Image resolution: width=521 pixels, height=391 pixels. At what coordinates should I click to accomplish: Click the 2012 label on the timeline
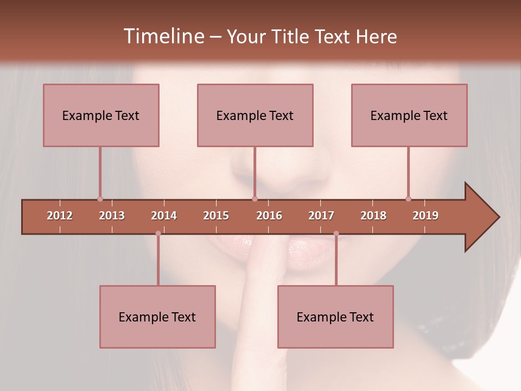coord(60,216)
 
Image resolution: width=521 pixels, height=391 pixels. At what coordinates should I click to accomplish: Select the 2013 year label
coord(112,216)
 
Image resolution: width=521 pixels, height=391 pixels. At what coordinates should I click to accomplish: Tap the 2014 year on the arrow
coord(164,216)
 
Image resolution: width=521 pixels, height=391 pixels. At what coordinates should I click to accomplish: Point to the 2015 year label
coord(216,216)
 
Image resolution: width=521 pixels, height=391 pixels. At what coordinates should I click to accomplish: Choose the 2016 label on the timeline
coord(269,216)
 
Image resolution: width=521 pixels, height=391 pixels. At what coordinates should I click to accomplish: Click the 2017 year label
coord(321,216)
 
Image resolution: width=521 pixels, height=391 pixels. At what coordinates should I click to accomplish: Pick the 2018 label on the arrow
coord(373,216)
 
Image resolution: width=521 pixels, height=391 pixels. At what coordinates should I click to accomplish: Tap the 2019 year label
coord(425,216)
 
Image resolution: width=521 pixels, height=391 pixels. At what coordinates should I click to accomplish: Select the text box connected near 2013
coord(101,115)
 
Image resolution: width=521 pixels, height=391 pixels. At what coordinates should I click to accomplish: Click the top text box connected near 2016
coord(255,115)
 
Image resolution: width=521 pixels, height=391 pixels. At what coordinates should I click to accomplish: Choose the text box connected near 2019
coord(409,115)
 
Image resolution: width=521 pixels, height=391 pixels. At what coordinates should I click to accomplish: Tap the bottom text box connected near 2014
coord(157,317)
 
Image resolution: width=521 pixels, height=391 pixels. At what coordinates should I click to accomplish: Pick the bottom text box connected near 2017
coord(335,317)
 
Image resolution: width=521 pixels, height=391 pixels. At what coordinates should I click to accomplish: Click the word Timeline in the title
coord(163,36)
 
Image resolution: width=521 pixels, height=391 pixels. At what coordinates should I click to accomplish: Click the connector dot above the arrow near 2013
coord(100,199)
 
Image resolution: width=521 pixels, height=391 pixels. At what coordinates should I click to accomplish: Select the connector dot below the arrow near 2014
coord(158,234)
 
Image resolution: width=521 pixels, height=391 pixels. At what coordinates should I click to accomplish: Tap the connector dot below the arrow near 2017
coord(336,234)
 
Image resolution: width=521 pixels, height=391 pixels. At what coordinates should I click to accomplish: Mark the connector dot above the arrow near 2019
coord(408,199)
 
